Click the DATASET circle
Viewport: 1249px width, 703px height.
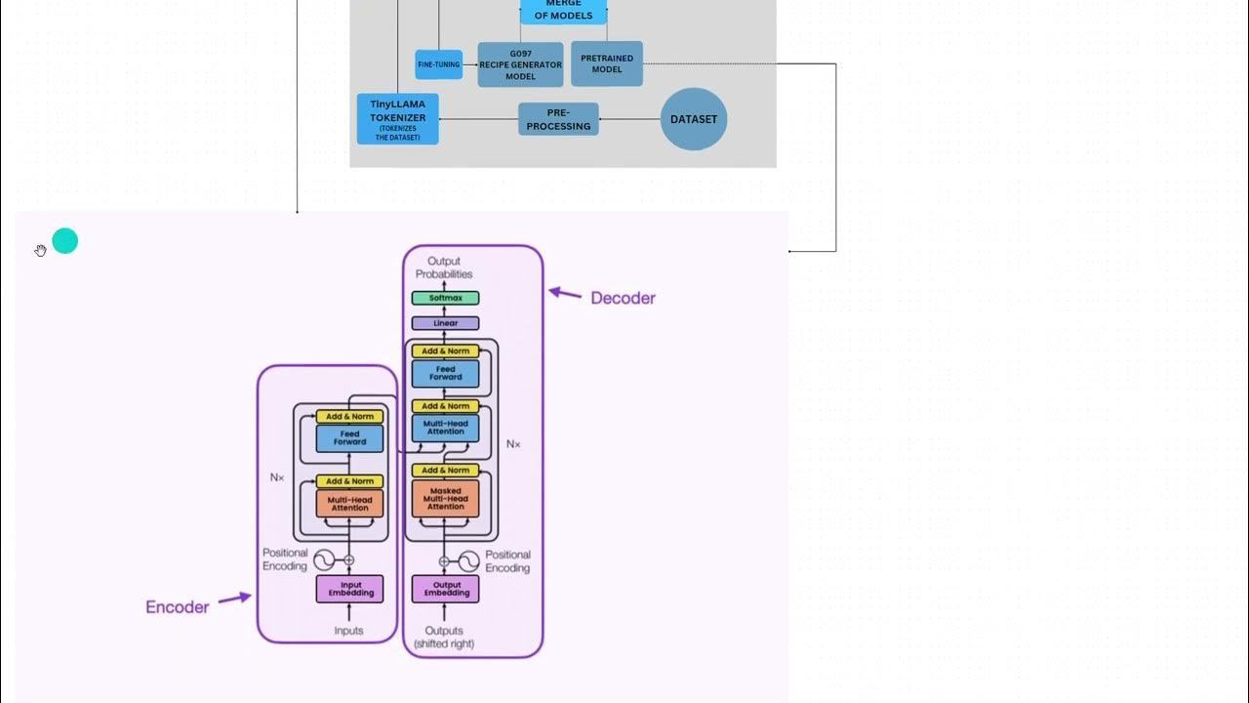pos(694,119)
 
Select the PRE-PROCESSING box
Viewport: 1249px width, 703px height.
pos(558,119)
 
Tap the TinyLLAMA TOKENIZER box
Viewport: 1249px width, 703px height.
pos(397,119)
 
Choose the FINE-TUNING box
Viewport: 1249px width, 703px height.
pos(439,64)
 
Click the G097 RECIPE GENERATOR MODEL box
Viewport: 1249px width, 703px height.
pos(520,64)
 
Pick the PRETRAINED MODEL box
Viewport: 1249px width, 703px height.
pos(607,63)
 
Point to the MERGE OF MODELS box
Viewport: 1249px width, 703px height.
pos(563,11)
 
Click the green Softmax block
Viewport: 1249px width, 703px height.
pos(445,298)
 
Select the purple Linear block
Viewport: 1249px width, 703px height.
pos(445,323)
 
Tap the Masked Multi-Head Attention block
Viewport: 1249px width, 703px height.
pos(445,499)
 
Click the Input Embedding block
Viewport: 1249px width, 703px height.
pos(349,589)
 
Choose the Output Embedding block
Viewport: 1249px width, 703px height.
pos(445,589)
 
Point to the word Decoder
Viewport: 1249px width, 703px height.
pos(623,298)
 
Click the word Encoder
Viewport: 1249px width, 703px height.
pos(177,607)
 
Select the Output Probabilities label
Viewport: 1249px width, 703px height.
pos(444,268)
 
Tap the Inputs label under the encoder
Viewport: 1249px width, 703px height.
pos(348,631)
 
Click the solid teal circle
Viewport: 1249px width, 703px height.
pos(65,241)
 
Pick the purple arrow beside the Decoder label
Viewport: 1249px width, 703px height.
pos(565,292)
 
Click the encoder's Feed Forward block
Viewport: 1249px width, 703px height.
pos(349,438)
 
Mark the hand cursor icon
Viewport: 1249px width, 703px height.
pos(40,251)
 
